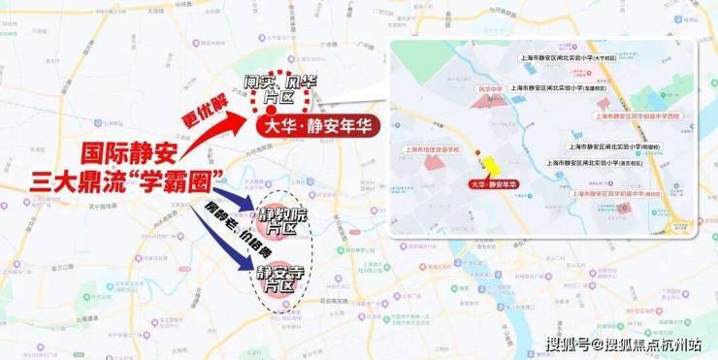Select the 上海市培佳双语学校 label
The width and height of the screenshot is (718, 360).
click(433, 149)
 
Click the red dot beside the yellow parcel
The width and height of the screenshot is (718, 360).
click(475, 154)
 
